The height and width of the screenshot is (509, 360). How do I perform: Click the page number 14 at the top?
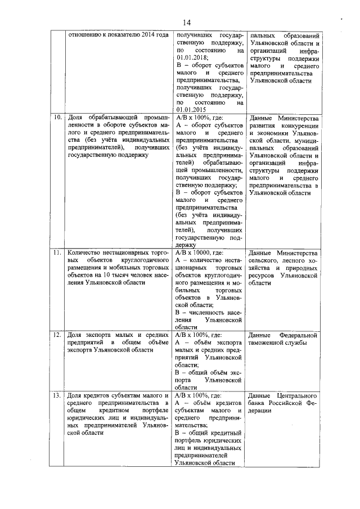[x=187, y=22]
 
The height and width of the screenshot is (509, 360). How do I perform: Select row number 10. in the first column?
[x=57, y=118]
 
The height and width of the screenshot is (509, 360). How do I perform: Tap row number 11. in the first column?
[x=57, y=253]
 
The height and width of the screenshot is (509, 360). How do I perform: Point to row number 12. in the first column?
[x=57, y=335]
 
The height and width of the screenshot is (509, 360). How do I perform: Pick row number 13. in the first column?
[x=57, y=396]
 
